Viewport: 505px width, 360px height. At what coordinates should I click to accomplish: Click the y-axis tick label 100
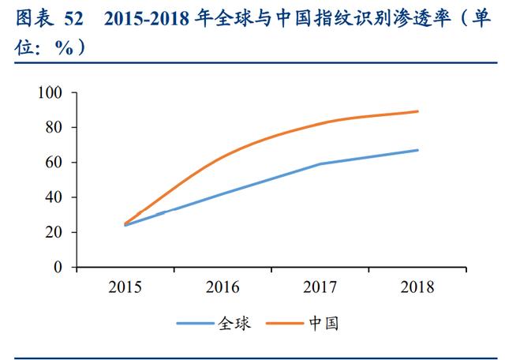[x=50, y=92]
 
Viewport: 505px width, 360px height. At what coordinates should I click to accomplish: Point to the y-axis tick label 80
[x=54, y=127]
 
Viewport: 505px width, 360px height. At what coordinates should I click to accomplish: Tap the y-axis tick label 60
[x=54, y=162]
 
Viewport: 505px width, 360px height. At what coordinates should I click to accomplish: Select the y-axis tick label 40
[x=54, y=197]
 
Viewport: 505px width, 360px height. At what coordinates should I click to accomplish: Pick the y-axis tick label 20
[x=54, y=232]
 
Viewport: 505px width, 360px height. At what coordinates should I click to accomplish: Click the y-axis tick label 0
[x=58, y=267]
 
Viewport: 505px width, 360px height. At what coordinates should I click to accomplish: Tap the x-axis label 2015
[x=125, y=287]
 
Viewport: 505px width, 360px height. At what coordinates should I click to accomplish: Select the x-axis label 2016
[x=223, y=287]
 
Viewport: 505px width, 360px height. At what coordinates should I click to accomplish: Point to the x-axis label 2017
[x=320, y=287]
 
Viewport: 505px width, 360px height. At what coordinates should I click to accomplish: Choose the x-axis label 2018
[x=417, y=287]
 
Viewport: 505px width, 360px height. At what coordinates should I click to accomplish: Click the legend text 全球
[x=234, y=323]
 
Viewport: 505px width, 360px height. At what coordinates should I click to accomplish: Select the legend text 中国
[x=324, y=323]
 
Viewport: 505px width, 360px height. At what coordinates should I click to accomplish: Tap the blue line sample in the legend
[x=195, y=323]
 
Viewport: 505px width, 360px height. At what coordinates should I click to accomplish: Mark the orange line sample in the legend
[x=285, y=323]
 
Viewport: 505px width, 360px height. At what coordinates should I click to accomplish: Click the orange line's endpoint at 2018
[x=417, y=111]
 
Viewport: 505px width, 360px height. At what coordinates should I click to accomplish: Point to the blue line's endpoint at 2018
[x=417, y=150]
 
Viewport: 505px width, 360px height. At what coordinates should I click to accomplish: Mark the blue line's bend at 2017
[x=320, y=164]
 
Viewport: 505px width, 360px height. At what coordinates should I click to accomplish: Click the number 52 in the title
[x=73, y=19]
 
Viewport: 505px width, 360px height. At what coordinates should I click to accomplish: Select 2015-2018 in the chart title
[x=147, y=19]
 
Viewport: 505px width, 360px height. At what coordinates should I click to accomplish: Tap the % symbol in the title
[x=64, y=49]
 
